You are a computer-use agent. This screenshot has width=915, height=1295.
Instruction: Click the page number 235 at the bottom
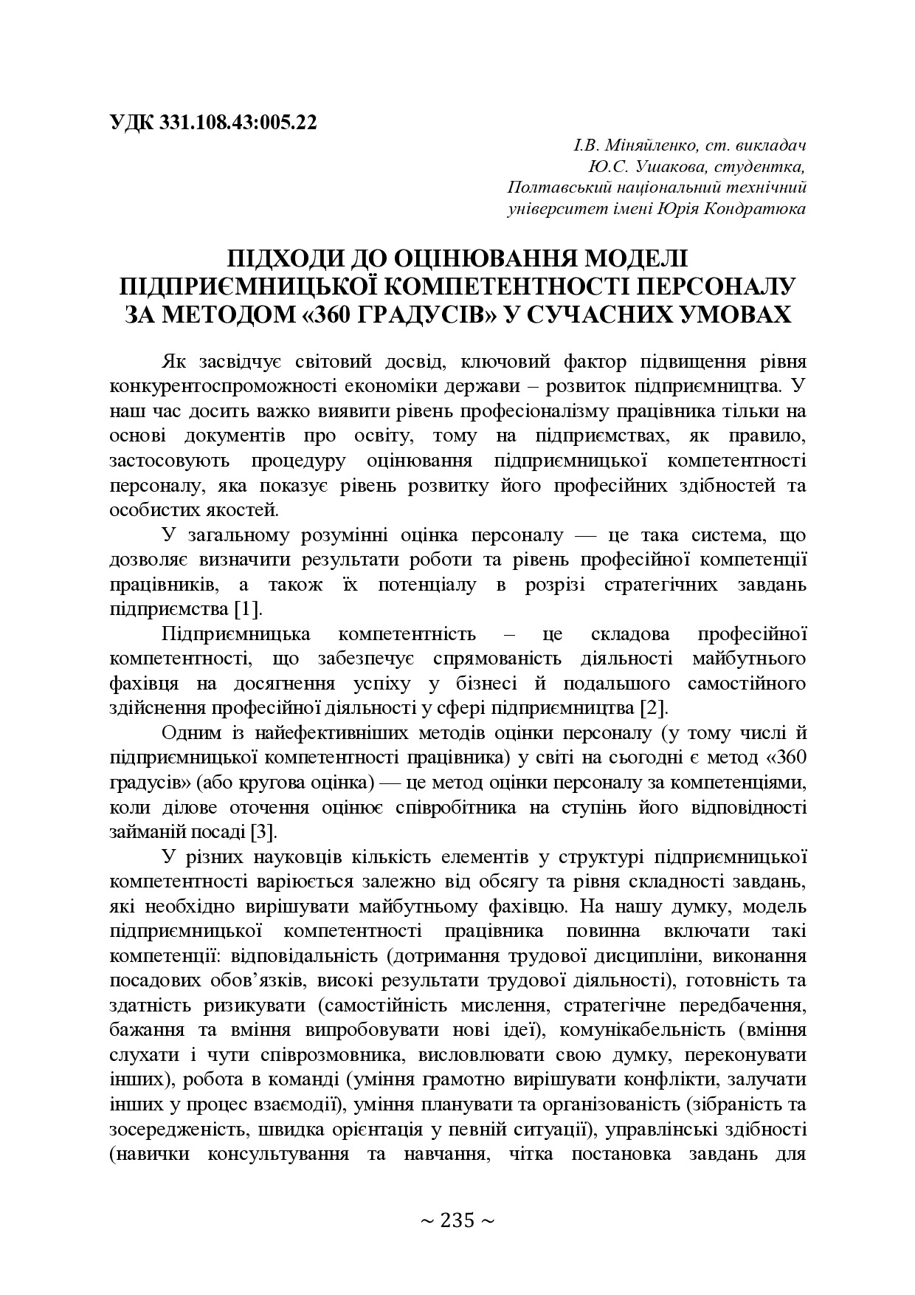click(457, 1220)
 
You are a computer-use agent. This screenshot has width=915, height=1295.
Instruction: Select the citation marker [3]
click(263, 832)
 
